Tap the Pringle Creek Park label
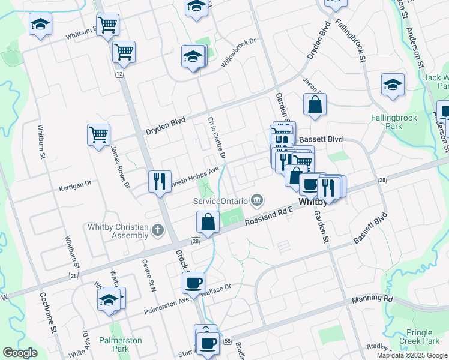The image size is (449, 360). coord(419,337)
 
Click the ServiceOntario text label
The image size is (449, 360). coord(220,200)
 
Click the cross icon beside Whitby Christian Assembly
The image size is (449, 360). coord(157,230)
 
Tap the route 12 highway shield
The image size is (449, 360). coord(120,73)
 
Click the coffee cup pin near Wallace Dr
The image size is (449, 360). coord(193,283)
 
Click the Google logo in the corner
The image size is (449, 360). coord(20,353)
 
